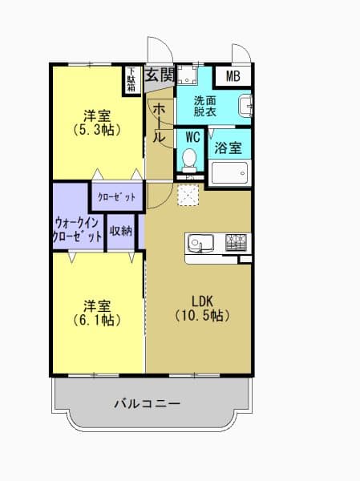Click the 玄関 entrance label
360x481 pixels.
click(x=160, y=75)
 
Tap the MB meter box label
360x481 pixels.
click(x=233, y=77)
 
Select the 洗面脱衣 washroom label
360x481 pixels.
click(x=205, y=107)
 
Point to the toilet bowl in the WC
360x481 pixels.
click(x=190, y=161)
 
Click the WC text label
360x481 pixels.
click(x=192, y=137)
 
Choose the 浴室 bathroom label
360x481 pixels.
click(x=229, y=148)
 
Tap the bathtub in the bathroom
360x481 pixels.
click(x=230, y=172)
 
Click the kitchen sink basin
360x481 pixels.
click(x=200, y=241)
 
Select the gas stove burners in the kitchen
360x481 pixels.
click(x=236, y=240)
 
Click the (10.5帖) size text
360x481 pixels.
click(x=203, y=316)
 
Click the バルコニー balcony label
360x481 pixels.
click(x=146, y=403)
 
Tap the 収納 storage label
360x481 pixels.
click(x=121, y=229)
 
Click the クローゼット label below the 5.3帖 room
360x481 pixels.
click(x=116, y=197)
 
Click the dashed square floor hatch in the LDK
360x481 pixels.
click(x=187, y=196)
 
